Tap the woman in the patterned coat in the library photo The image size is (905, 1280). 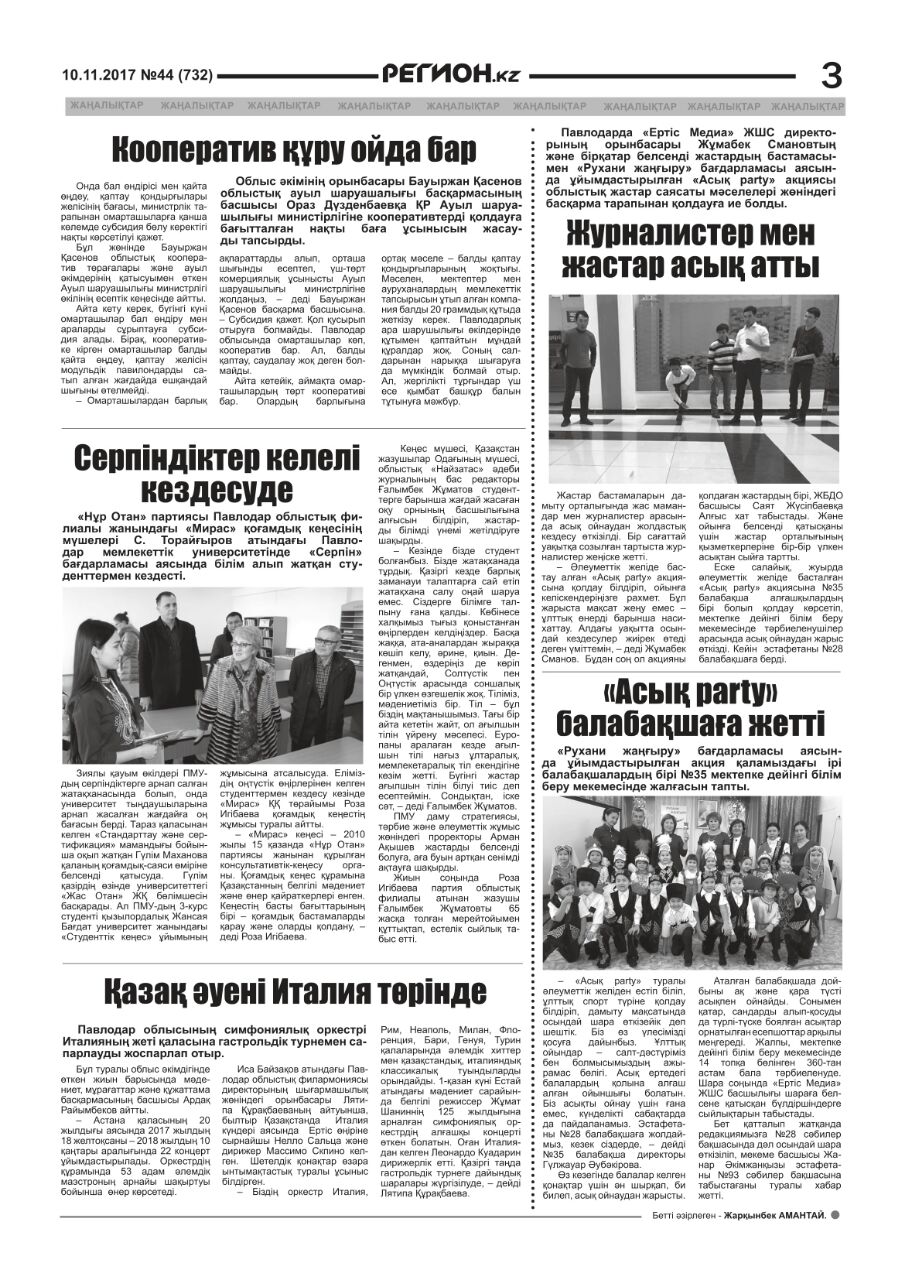click(x=236, y=691)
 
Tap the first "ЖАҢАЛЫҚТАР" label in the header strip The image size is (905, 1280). click(x=106, y=105)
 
